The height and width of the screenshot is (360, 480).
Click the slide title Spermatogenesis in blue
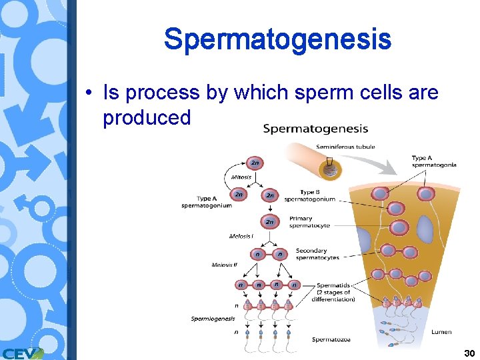[277, 39]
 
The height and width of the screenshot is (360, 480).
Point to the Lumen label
[442, 331]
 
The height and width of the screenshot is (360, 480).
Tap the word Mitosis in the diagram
[241, 177]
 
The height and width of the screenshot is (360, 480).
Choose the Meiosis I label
[241, 236]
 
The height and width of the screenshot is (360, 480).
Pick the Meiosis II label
[224, 265]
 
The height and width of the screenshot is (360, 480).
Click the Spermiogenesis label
[213, 319]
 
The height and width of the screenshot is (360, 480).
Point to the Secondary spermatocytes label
[317, 254]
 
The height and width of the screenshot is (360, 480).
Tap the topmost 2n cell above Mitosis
[254, 163]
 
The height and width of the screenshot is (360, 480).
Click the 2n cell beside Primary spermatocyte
[270, 222]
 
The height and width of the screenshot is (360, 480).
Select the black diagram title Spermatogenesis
[315, 128]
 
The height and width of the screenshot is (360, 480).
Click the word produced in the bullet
[147, 117]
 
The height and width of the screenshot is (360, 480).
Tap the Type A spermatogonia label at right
[434, 161]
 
